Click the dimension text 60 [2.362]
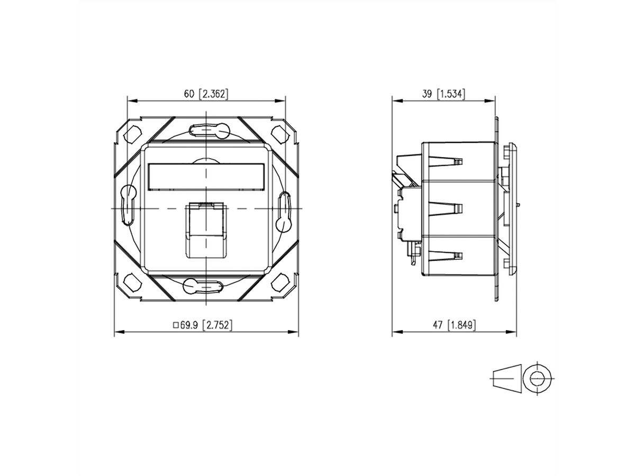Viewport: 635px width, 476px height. click(x=206, y=94)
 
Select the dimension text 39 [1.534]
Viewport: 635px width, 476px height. click(x=443, y=94)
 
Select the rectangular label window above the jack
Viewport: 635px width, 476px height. click(x=206, y=176)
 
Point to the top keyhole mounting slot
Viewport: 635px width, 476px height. click(x=207, y=129)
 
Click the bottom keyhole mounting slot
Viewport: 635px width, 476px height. click(x=204, y=286)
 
